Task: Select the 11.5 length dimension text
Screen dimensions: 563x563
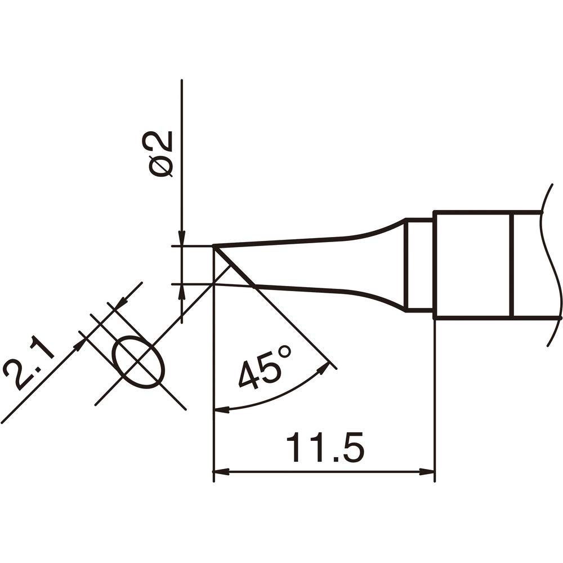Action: point(325,448)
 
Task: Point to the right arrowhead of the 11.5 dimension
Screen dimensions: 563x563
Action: point(429,471)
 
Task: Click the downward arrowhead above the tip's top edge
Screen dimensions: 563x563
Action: point(182,239)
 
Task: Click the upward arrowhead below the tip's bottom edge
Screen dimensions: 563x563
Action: point(182,292)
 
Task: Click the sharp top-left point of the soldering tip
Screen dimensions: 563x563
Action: point(214,246)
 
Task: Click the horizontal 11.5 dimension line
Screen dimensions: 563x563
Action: point(325,471)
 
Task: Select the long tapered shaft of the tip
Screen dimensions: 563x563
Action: point(315,265)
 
